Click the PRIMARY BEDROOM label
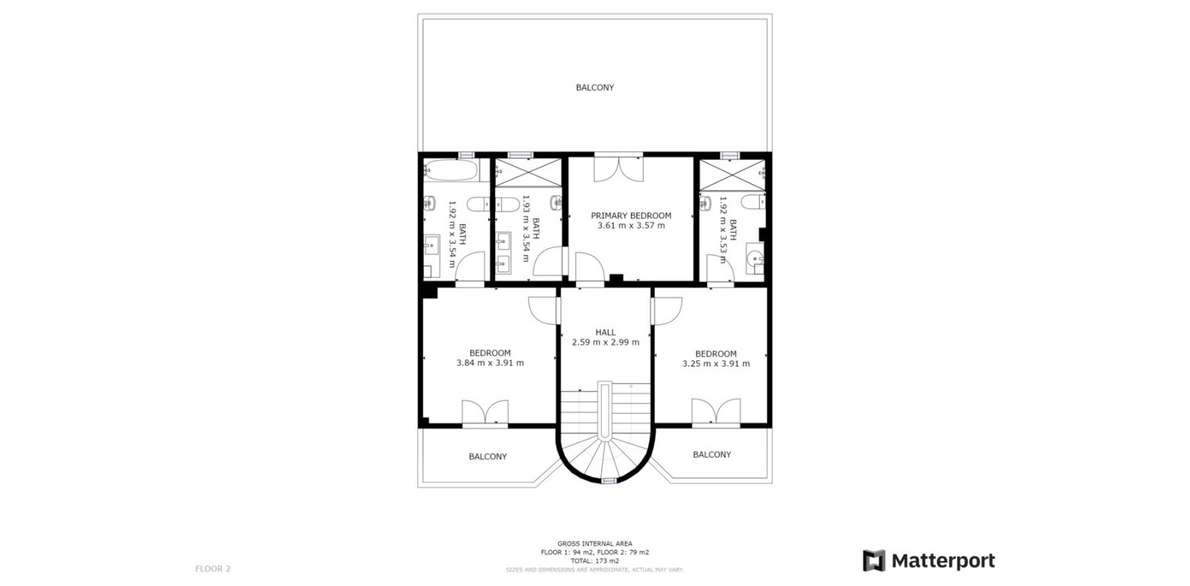631,216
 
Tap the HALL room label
606,333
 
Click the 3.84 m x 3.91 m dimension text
490,363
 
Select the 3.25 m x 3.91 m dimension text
716,364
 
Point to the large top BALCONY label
594,88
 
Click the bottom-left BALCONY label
487,457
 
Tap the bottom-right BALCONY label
712,455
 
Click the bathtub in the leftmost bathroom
450,170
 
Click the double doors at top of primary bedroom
619,168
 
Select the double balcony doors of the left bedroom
485,412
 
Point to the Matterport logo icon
873,561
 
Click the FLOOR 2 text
213,568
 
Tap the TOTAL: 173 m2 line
595,561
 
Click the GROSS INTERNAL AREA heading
595,543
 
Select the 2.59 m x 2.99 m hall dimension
606,343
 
